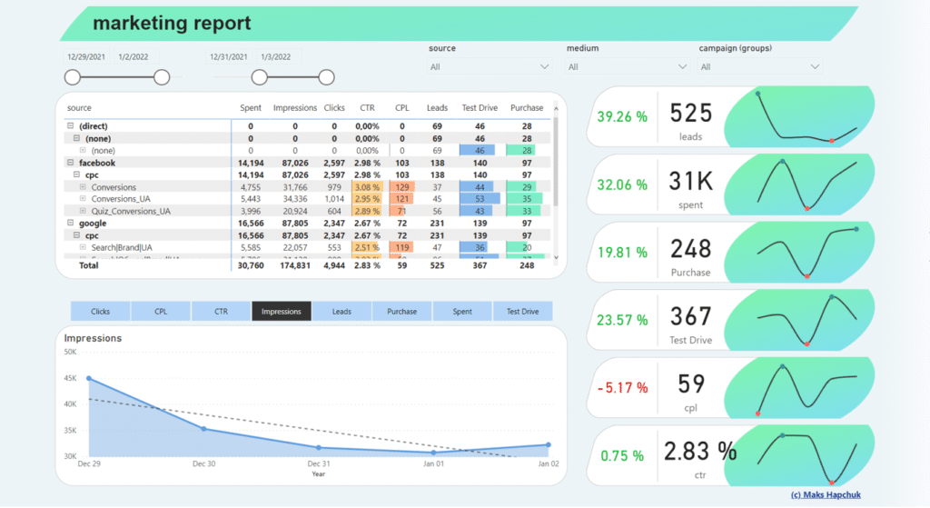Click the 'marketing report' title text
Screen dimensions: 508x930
point(172,23)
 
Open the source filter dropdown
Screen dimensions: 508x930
point(490,66)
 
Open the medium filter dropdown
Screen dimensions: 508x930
point(628,66)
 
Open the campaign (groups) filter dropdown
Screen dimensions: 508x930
point(759,66)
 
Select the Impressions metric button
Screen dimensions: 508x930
point(282,312)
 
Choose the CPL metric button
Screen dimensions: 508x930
point(161,312)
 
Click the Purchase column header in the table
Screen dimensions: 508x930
point(527,108)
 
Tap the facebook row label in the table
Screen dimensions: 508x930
point(97,163)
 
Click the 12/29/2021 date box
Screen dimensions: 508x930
point(86,57)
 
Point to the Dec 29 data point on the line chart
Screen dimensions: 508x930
point(89,378)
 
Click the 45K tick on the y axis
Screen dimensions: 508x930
point(70,378)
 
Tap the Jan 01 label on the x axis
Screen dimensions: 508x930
point(433,464)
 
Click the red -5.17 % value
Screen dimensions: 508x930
point(622,387)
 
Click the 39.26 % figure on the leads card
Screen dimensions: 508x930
point(622,116)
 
